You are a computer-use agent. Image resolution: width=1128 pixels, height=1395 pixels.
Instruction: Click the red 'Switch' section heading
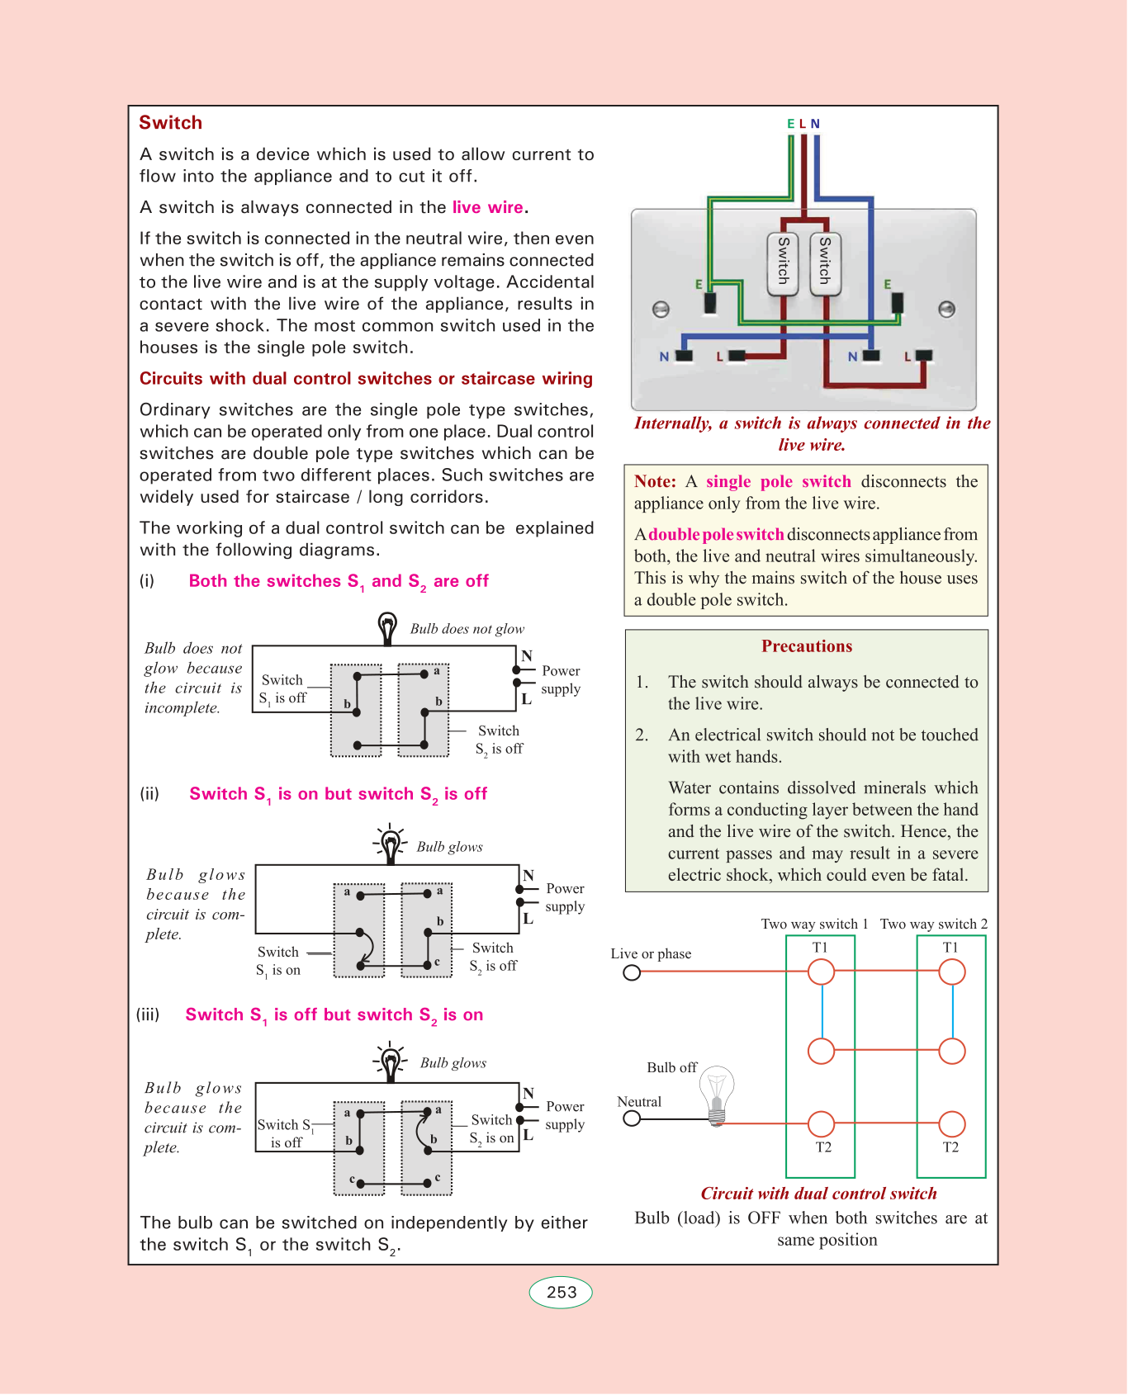pos(170,123)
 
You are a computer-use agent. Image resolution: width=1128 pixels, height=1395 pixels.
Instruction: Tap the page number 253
pos(561,1293)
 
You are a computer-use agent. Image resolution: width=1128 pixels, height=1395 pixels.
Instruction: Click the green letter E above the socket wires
pos(790,124)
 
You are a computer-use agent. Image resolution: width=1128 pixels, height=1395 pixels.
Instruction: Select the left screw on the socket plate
pos(661,310)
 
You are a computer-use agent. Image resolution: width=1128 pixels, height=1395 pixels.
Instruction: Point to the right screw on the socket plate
pos(947,310)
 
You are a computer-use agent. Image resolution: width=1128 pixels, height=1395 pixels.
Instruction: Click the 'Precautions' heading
pos(807,646)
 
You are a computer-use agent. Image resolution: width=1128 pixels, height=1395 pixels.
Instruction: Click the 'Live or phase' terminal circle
pos(632,973)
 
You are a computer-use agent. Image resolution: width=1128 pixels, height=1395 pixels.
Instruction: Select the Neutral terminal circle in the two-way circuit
pos(632,1118)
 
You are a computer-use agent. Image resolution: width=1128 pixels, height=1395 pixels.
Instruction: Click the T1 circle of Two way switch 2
pos(952,972)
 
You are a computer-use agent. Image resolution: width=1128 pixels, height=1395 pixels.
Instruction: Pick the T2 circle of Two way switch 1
pos(821,1123)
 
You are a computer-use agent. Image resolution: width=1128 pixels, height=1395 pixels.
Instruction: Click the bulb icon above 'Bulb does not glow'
pos(386,627)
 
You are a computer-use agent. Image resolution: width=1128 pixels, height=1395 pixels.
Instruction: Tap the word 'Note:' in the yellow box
pos(655,482)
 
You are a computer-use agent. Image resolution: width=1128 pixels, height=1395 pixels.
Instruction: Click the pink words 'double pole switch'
pos(716,535)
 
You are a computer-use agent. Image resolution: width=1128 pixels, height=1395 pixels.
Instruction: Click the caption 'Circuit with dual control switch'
pos(818,1194)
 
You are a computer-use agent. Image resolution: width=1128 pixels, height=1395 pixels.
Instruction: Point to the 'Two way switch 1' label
pos(814,924)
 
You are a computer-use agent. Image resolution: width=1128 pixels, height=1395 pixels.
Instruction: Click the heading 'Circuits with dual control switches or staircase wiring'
pos(366,379)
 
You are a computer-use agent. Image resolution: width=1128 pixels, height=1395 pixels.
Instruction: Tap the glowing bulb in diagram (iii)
pos(390,1062)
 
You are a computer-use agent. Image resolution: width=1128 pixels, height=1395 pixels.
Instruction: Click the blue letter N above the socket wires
pos(815,124)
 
